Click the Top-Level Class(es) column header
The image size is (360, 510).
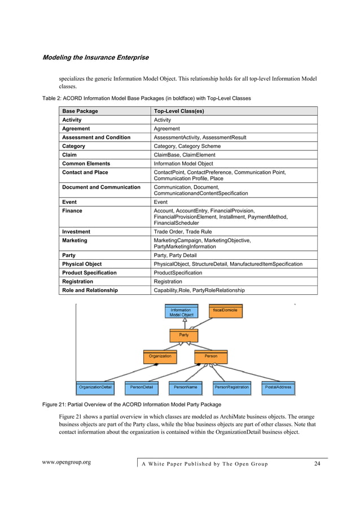coord(179,111)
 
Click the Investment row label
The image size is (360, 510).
coord(76,232)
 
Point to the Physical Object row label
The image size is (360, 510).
coord(82,264)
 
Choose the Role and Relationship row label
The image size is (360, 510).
coord(90,290)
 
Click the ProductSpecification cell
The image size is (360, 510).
coord(178,273)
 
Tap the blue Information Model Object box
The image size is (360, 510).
coord(181,312)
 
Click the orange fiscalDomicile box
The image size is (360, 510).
coord(225,311)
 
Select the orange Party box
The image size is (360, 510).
coord(184,335)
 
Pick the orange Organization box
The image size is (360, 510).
coord(160,357)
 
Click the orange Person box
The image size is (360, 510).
coord(210,357)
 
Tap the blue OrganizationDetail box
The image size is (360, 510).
coord(95,388)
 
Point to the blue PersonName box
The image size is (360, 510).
coord(185,388)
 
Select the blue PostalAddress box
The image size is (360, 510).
coord(278,388)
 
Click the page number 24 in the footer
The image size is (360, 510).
coord(317,464)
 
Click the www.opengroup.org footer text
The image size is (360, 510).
coord(67,463)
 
